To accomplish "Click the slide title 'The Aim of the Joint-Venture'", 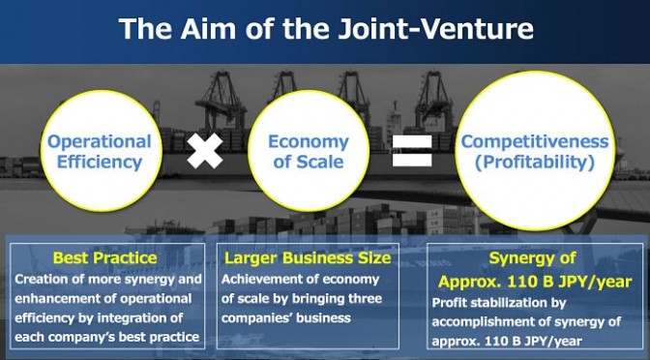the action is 326,28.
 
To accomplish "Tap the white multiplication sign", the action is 205,151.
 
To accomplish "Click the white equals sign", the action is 412,151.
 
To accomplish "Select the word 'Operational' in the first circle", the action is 100,142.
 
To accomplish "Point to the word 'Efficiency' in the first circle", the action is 100,162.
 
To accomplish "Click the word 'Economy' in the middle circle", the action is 309,142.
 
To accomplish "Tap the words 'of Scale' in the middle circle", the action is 309,162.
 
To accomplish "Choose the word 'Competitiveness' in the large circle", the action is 535,142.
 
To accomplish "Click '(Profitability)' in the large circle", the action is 535,162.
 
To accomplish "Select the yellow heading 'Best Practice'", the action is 104,258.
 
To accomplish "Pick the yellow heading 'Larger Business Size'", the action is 308,258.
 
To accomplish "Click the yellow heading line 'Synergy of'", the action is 532,258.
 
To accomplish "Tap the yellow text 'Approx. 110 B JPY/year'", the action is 535,282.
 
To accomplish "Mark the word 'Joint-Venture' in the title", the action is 436,28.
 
